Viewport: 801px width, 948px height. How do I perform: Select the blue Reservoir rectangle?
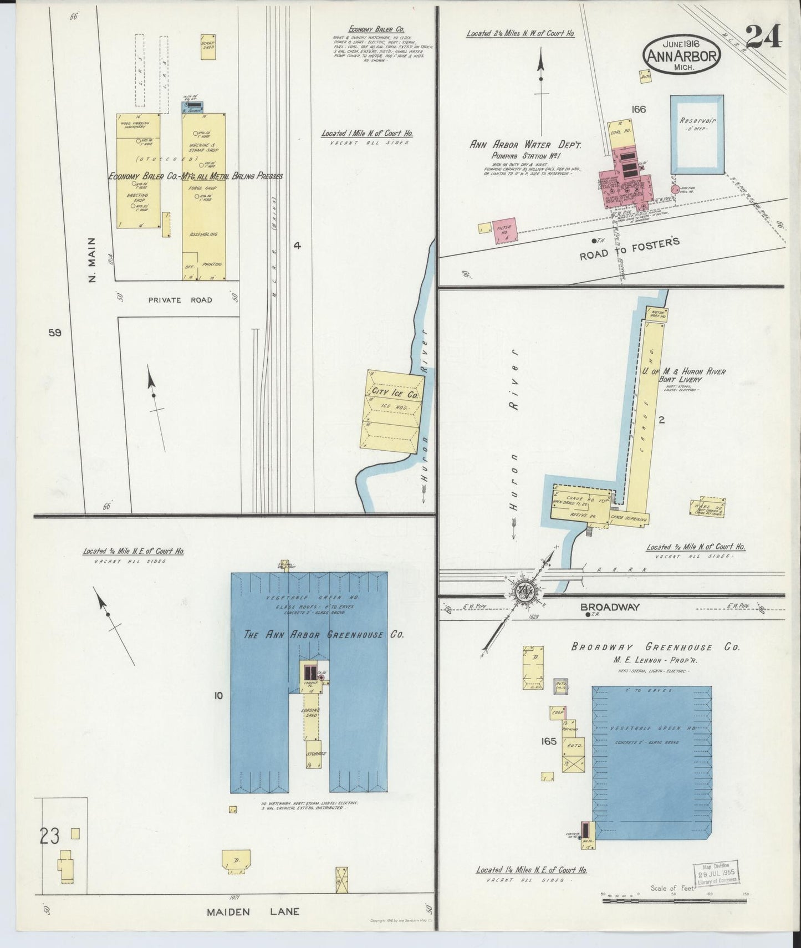tap(697, 134)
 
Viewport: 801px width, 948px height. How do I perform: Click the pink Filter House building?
tap(505, 230)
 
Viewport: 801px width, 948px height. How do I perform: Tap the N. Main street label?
tap(93, 259)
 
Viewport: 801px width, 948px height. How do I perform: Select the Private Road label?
tap(180, 300)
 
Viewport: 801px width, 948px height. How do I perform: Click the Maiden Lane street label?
tap(253, 911)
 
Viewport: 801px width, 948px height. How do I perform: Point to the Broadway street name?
tap(610, 607)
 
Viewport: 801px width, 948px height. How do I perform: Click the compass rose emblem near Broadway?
tap(523, 591)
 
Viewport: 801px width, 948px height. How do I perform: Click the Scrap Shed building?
tap(208, 47)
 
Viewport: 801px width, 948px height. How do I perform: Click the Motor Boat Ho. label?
tap(657, 314)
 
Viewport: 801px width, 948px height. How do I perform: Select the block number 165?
tap(548, 741)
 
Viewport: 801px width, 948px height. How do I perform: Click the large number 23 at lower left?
tap(49, 835)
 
